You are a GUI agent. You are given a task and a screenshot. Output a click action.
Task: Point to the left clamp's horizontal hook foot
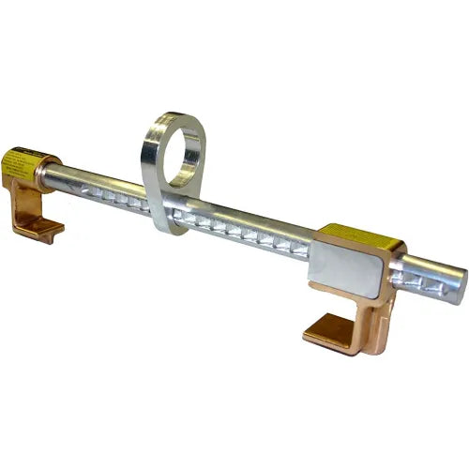point(43,227)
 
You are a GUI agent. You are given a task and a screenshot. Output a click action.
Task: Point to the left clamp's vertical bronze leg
point(21,202)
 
